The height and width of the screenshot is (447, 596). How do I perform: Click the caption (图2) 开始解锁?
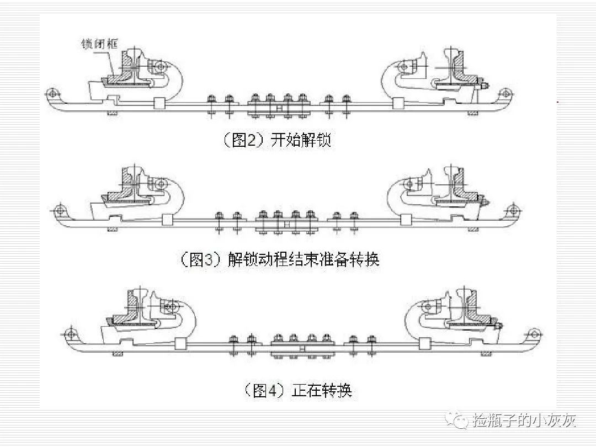point(276,140)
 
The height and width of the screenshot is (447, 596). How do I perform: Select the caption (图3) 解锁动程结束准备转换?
point(280,259)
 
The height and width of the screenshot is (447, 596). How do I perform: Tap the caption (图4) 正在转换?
point(298,391)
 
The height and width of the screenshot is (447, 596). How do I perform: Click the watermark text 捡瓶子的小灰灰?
point(524,421)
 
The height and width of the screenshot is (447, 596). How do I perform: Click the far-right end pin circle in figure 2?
point(504,91)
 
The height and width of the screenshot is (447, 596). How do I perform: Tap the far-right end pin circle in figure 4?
point(534,333)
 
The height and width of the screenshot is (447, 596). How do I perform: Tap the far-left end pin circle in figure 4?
point(69,334)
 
